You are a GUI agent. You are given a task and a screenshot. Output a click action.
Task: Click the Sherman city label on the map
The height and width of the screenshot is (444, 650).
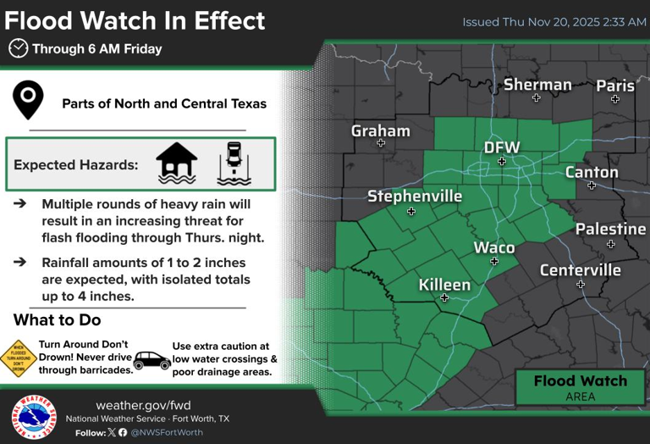pyautogui.click(x=537, y=84)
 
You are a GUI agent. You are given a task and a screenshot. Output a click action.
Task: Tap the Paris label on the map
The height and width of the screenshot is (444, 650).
pyautogui.click(x=615, y=85)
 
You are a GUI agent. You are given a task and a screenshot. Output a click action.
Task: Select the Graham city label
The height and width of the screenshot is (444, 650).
pyautogui.click(x=381, y=130)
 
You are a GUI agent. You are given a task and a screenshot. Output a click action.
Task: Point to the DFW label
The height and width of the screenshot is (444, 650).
pyautogui.click(x=501, y=148)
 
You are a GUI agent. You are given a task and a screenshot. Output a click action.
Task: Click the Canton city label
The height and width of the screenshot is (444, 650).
pyautogui.click(x=592, y=172)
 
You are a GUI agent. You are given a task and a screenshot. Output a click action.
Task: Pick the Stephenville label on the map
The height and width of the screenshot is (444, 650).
pyautogui.click(x=415, y=196)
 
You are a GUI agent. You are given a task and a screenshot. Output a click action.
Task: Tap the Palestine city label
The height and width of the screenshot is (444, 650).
pyautogui.click(x=610, y=229)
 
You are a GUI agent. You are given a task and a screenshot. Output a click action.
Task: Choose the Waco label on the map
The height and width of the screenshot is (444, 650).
pyautogui.click(x=494, y=247)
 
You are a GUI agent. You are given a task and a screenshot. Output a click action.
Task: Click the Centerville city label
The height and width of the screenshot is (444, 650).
pyautogui.click(x=581, y=270)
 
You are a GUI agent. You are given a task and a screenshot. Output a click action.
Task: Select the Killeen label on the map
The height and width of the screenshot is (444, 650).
pyautogui.click(x=444, y=285)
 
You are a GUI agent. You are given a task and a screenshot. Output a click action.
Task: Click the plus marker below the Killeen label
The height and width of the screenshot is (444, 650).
pyautogui.click(x=444, y=298)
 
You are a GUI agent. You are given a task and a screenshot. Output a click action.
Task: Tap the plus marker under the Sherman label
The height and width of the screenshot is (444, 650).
pyautogui.click(x=536, y=98)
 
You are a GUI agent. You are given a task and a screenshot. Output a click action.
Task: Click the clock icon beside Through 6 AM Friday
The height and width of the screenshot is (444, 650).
pyautogui.click(x=18, y=48)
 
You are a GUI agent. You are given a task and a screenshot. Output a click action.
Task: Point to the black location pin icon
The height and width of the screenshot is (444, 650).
pyautogui.click(x=29, y=100)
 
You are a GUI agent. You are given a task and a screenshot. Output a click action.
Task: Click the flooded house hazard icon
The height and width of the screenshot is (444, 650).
pyautogui.click(x=177, y=163)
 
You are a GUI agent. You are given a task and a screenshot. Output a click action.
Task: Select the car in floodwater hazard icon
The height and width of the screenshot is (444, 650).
pyautogui.click(x=234, y=163)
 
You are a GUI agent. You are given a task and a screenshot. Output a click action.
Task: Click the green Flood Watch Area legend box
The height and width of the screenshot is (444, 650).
pyautogui.click(x=581, y=387)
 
